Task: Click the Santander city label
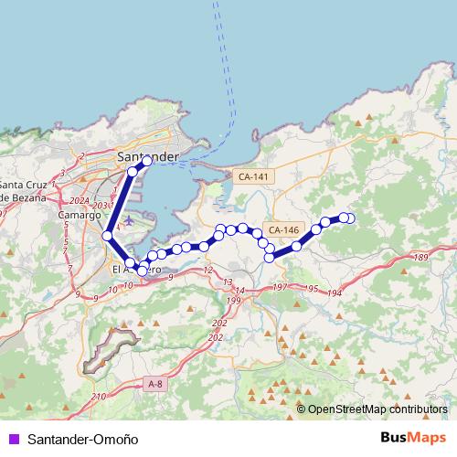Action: click(x=148, y=156)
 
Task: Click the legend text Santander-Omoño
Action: click(x=83, y=439)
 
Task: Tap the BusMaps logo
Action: click(x=413, y=438)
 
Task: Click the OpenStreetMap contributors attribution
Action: click(x=377, y=409)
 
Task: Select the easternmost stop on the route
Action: click(x=348, y=218)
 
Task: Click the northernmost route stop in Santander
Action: click(x=146, y=162)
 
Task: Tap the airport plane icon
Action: click(x=127, y=220)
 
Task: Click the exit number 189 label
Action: click(x=420, y=260)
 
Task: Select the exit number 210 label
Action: click(x=100, y=396)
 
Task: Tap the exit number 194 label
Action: click(x=335, y=292)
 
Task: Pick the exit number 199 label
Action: click(x=234, y=301)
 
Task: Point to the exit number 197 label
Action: click(x=281, y=288)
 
